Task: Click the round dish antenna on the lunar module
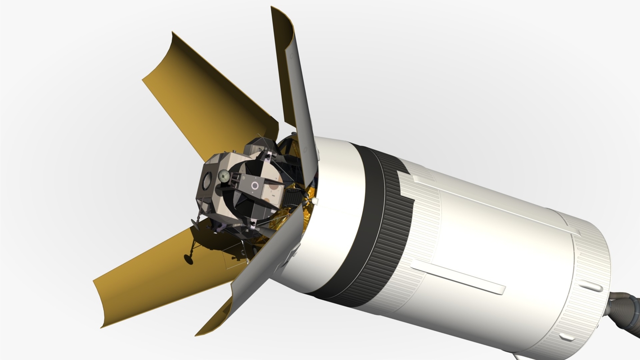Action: tap(224, 176)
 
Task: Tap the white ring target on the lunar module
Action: tap(255, 185)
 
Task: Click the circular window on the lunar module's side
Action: tap(207, 181)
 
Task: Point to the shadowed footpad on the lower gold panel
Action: tap(188, 258)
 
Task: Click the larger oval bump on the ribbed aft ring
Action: tap(590, 286)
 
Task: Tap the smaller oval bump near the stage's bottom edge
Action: tap(566, 337)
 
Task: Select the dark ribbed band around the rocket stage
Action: tap(383, 225)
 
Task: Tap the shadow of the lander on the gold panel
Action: tap(212, 243)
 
